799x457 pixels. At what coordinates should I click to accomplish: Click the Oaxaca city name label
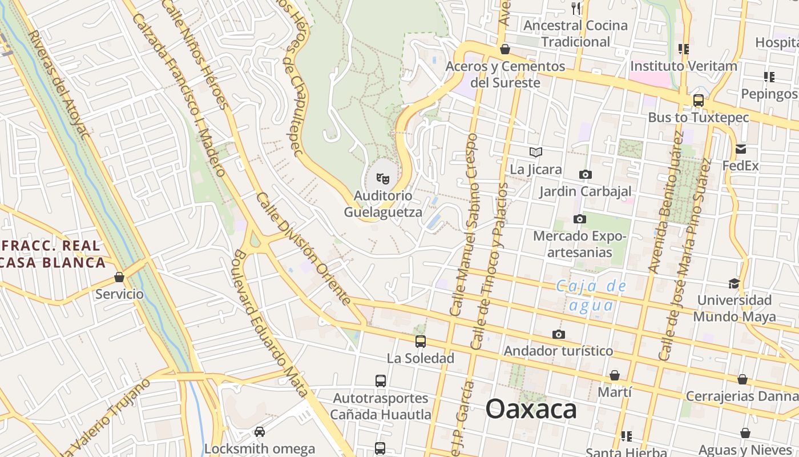pos(531,410)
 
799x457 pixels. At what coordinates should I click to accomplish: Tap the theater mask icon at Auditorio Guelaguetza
pos(383,179)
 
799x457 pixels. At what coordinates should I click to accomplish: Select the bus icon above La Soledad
pos(421,342)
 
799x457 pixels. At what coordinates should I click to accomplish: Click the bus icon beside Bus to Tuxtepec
pos(698,101)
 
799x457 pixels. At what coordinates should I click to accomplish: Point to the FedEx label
pos(740,166)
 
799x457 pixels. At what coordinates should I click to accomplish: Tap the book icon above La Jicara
pos(535,153)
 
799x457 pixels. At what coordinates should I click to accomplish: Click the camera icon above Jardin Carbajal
pos(585,175)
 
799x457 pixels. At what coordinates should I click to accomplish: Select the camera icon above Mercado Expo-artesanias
pos(579,219)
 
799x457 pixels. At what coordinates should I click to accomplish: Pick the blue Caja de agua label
pos(591,295)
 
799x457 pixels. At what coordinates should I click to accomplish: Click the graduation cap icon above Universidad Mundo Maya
pos(734,283)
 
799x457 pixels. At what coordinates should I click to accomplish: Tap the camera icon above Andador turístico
pos(558,334)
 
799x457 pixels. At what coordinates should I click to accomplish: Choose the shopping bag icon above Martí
pos(615,375)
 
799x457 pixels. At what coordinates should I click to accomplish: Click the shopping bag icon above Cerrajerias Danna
pos(742,379)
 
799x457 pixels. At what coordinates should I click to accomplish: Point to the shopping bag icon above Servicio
pos(119,277)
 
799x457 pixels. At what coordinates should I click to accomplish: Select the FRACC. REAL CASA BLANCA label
pos(53,254)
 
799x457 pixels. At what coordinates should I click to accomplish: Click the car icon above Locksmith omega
pos(260,432)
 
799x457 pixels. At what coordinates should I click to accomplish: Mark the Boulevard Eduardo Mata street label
pos(268,323)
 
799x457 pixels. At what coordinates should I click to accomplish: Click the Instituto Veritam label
pos(683,66)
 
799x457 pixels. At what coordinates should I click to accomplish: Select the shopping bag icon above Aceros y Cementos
pos(505,50)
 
